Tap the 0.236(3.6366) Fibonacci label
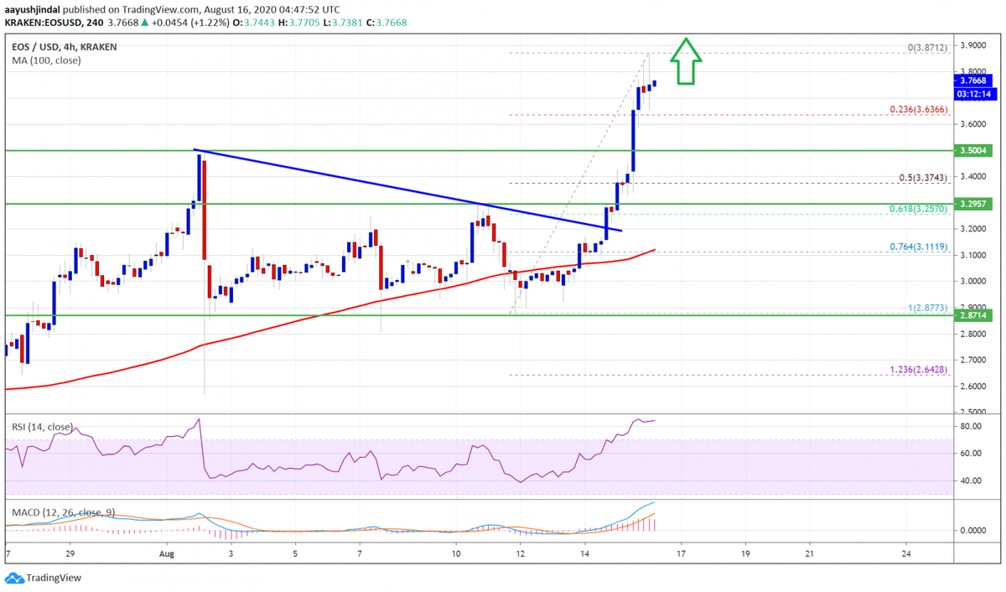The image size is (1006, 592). pos(919,109)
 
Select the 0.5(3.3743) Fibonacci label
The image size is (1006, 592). pos(923,177)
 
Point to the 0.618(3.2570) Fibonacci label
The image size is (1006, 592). pos(919,208)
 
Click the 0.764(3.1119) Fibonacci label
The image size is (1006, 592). pos(919,247)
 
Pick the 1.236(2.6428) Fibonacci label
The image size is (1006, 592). pos(919,369)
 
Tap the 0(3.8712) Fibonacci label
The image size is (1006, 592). pos(927,48)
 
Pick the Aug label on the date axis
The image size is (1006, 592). pos(166,554)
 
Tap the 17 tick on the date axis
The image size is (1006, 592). pos(682,554)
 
